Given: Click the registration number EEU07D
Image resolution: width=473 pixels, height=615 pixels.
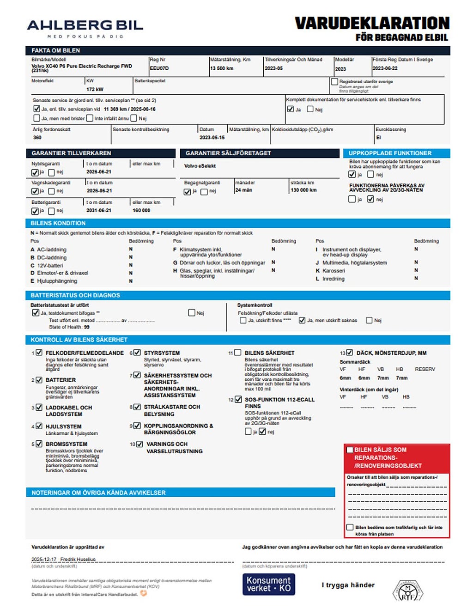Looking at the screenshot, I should coord(159,68).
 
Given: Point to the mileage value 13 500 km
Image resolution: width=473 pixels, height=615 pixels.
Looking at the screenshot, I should coord(222,68).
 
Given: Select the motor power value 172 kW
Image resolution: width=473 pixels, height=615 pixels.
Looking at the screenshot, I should coord(95,89).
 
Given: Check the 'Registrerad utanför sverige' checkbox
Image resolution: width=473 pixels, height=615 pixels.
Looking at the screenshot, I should coord(334,81).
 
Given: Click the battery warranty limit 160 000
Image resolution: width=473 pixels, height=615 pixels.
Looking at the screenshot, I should coord(141,210).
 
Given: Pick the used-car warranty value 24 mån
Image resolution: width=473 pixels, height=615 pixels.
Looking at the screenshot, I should coord(243,190).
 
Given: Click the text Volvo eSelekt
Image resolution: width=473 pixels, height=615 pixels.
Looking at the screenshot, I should coord(200,166).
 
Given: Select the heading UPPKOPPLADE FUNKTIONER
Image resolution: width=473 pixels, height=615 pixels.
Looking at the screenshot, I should coord(390,153).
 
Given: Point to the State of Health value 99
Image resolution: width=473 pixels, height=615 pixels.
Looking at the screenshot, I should coord(87,327).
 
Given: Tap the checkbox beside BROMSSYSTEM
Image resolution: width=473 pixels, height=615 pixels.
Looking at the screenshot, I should coord(39,444).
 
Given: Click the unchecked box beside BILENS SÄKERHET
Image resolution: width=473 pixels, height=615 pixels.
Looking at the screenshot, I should coord(237,353).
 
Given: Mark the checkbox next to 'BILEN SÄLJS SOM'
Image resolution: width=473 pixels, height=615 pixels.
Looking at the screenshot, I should coord(350,450).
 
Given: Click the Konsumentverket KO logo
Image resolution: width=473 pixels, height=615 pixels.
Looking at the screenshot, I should coord(268,585).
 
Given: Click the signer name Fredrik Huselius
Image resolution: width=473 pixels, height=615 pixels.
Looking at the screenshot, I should coord(78,559).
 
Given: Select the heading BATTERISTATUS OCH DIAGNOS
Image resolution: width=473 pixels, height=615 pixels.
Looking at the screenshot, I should coord(75,295).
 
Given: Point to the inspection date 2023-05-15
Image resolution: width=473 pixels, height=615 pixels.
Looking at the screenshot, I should coord(212,137).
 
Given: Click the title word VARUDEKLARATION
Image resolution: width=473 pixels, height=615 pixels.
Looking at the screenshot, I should coord(372,23).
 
